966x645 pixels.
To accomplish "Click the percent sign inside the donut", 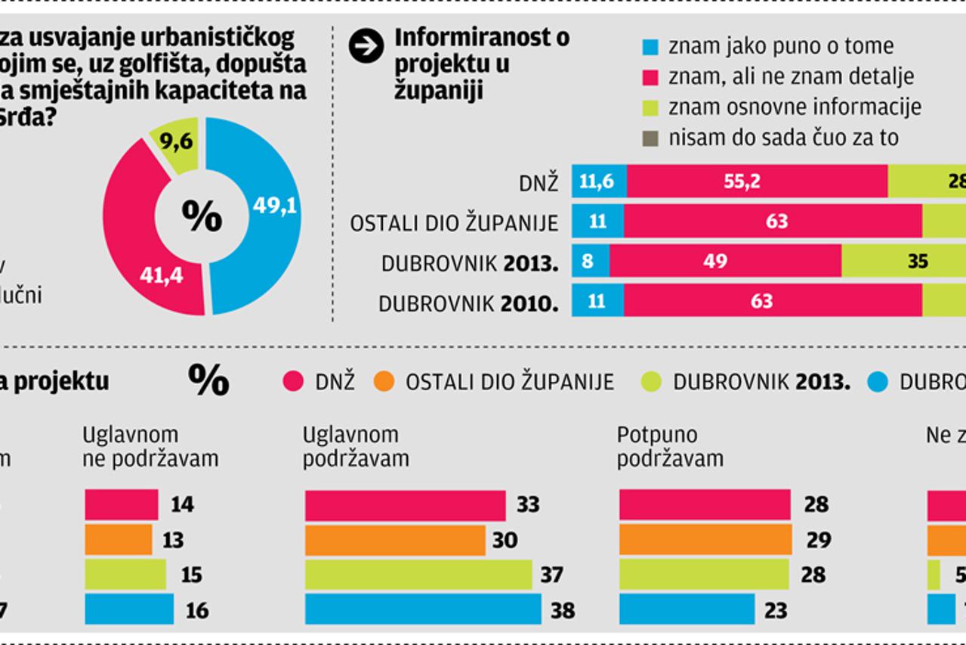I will click(202, 217).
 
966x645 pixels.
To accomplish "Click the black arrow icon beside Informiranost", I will click(366, 47).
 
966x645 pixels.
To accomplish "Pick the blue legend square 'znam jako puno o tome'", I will click(650, 47).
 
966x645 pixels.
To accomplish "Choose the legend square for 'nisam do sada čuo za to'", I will click(650, 138).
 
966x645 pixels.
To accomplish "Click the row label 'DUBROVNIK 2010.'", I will click(468, 303).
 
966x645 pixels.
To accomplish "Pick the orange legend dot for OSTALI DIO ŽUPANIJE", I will click(384, 381).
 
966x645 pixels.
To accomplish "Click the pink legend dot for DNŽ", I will click(293, 381).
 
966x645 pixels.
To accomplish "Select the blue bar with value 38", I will click(423, 609).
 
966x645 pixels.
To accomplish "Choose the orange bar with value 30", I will click(395, 540).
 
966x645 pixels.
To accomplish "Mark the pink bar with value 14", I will click(121, 504).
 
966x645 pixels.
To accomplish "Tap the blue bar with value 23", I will click(687, 609).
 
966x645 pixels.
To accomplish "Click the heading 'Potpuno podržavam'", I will click(670, 446).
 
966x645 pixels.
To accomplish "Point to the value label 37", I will click(551, 575).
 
